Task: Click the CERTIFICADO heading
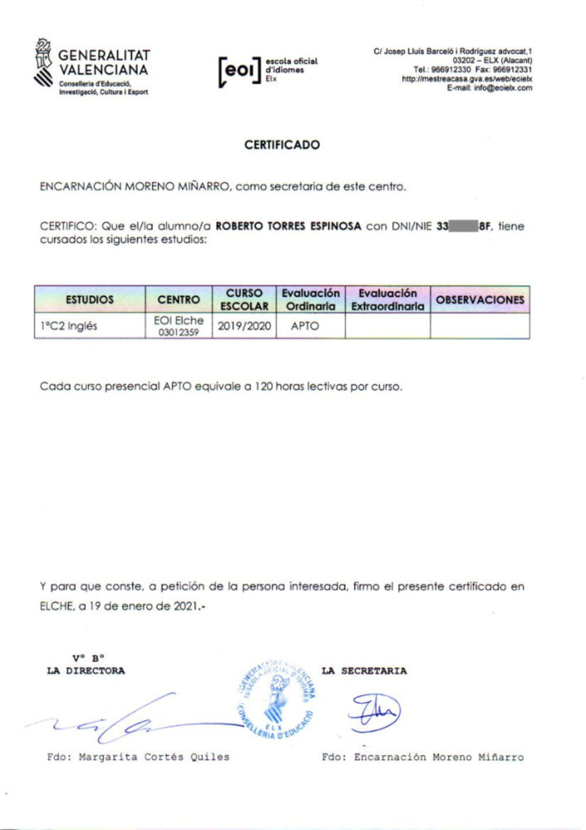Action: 282,145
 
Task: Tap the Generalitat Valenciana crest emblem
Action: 43,64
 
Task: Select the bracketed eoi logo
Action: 239,71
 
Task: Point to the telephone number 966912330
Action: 451,69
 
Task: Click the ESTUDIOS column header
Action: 90,300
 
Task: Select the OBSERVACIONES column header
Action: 480,300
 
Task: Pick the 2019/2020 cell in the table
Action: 244,326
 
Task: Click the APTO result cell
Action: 305,326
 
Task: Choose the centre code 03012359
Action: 179,333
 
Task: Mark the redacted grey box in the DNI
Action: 464,226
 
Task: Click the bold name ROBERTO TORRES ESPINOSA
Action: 288,226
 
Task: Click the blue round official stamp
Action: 277,698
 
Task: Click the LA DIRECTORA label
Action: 86,671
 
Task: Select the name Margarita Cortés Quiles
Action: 154,757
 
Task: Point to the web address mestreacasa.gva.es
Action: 466,79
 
